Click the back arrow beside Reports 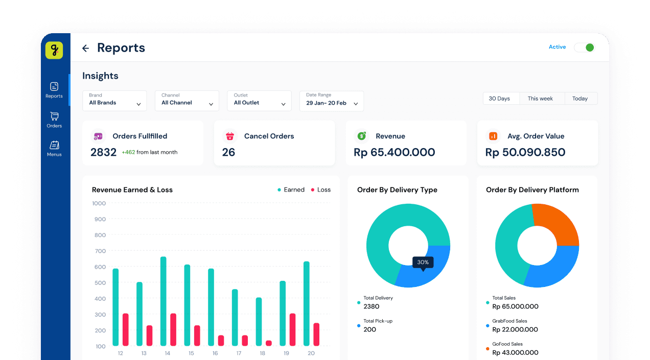(85, 48)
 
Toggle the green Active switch (584, 47)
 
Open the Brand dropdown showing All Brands (114, 101)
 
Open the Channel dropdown (187, 101)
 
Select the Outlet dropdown (259, 101)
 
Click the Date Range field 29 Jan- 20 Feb (332, 101)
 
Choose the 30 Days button (499, 99)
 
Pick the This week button (540, 99)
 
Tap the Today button (580, 99)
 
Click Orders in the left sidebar (54, 120)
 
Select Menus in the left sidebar (54, 149)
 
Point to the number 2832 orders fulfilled (104, 152)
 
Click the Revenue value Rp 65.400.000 (394, 152)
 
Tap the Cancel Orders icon (230, 136)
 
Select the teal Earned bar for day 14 (164, 301)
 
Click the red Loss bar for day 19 (292, 329)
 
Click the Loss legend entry (320, 190)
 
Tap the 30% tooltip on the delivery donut (423, 262)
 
